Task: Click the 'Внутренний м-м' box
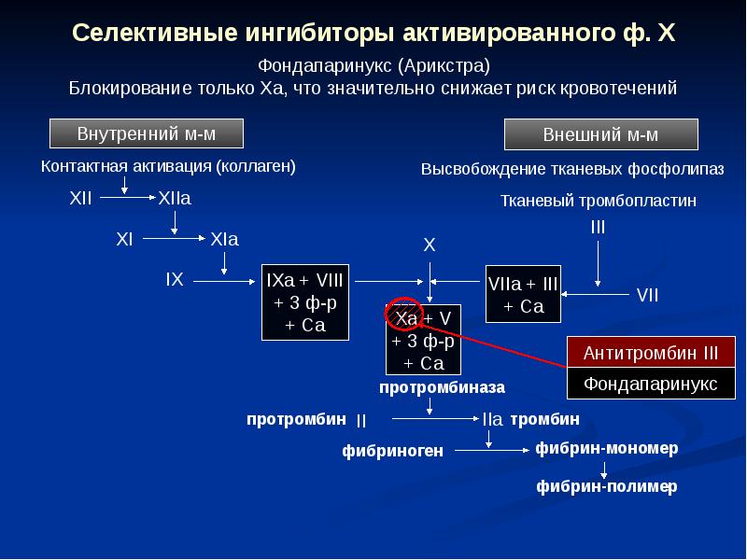(146, 133)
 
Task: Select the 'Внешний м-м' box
(600, 134)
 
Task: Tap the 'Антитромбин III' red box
(651, 353)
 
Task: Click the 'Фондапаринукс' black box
(651, 384)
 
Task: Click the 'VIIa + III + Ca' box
(524, 294)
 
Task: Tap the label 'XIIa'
(175, 199)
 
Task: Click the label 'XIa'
(225, 239)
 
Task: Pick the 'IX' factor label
(175, 279)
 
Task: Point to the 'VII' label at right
(647, 295)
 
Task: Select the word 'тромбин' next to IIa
(545, 418)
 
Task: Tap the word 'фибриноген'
(392, 451)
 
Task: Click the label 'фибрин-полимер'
(606, 486)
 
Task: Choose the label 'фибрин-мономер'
(607, 448)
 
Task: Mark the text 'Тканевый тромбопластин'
(599, 201)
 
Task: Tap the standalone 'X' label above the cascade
(430, 245)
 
